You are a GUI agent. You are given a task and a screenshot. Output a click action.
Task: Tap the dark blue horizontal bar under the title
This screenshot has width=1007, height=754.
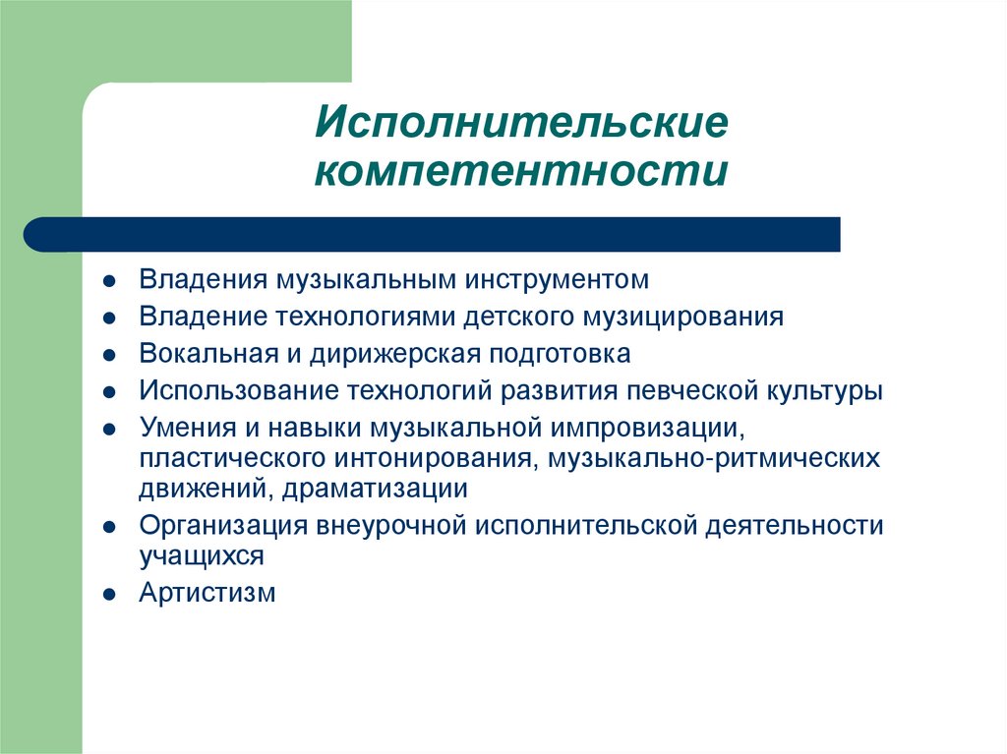point(433,234)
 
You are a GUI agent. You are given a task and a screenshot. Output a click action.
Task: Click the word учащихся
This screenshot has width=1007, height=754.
point(202,556)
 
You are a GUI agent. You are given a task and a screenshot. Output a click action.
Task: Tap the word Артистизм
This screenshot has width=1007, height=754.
point(207,593)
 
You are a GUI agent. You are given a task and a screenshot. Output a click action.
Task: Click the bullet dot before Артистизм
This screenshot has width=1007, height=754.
point(112,594)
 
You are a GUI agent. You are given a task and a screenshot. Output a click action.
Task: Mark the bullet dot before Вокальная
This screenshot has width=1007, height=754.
point(112,355)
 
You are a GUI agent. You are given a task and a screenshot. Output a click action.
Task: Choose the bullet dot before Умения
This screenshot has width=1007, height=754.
point(112,429)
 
